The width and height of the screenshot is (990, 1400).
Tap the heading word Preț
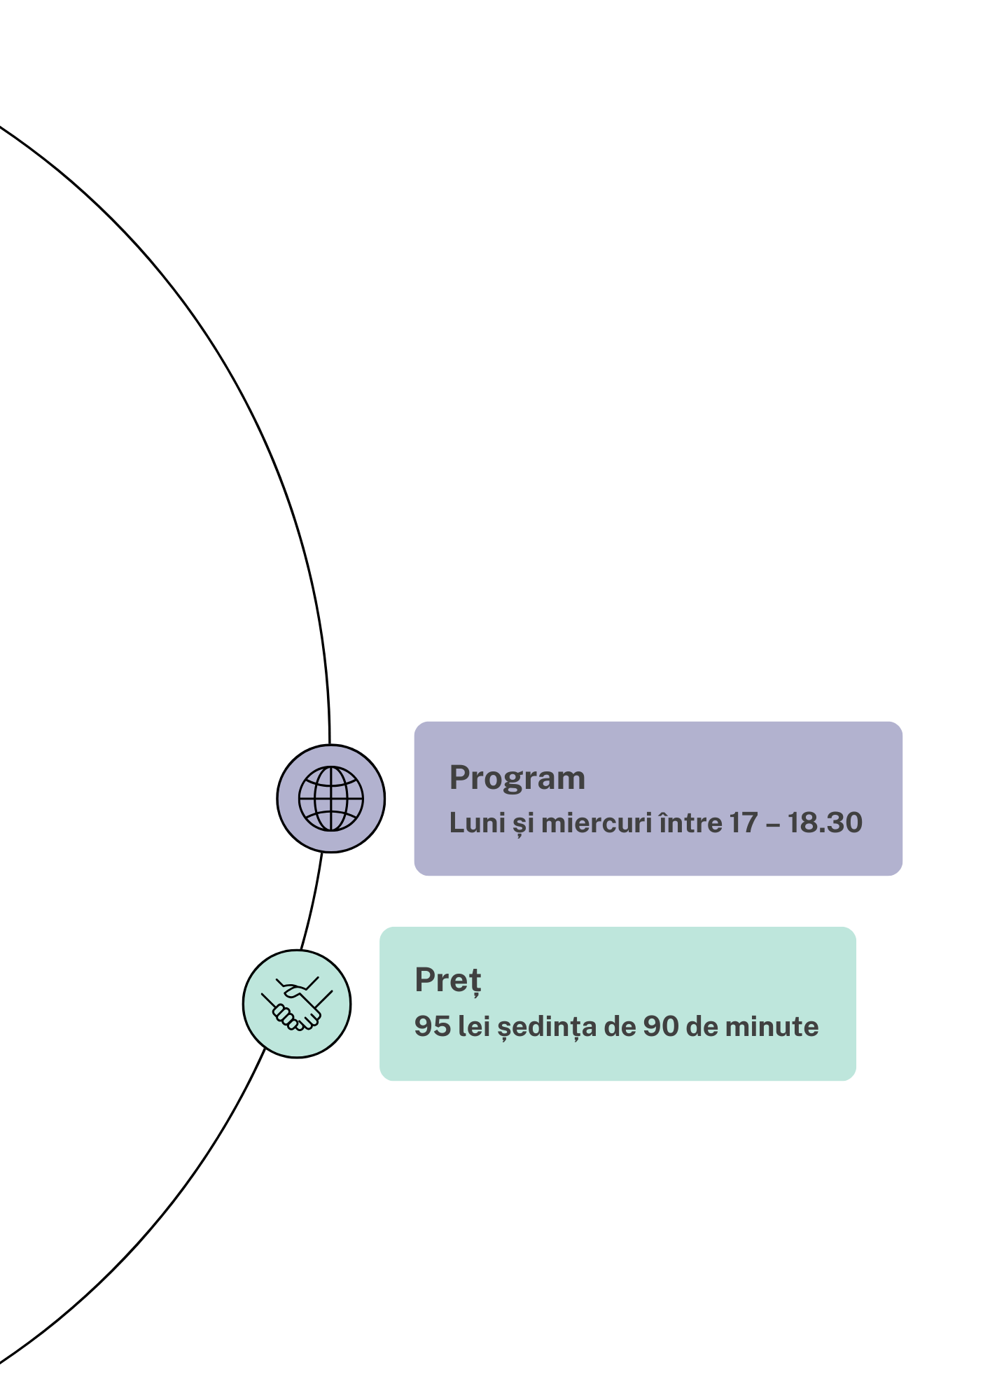[x=448, y=981]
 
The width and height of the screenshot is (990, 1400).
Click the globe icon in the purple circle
[x=331, y=799]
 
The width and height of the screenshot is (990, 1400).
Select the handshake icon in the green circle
[x=297, y=1004]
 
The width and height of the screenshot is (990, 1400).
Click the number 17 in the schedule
[x=744, y=823]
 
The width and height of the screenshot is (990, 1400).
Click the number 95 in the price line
[x=433, y=1027]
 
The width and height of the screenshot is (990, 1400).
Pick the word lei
[x=474, y=1027]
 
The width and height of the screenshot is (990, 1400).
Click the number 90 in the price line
[x=661, y=1027]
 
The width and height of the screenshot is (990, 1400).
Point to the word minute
[x=772, y=1027]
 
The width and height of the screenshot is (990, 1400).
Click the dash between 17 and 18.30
[x=773, y=825]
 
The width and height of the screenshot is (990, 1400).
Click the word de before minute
[x=702, y=1027]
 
